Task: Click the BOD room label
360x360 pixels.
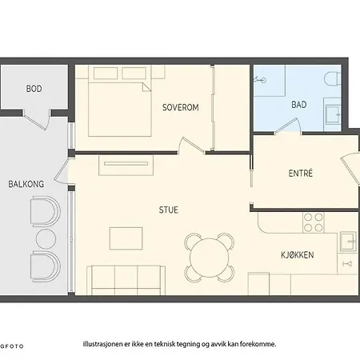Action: click(34, 89)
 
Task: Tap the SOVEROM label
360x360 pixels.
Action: click(181, 107)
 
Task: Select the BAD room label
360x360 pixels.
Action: click(299, 105)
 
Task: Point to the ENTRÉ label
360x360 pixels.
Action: click(301, 173)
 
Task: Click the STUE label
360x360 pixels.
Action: click(169, 210)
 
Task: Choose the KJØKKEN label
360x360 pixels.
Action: click(298, 255)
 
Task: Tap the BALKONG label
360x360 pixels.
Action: click(26, 184)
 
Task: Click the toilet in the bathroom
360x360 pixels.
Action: click(333, 79)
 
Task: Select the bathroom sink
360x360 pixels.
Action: click(333, 114)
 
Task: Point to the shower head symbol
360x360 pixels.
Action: click(260, 79)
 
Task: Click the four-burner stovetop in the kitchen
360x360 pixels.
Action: click(314, 222)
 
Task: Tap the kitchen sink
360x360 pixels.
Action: click(348, 242)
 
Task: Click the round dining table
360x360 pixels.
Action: click(210, 258)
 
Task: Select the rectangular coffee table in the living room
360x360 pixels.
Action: click(126, 238)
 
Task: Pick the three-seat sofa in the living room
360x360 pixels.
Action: click(126, 280)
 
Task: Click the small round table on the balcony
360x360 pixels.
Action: click(46, 239)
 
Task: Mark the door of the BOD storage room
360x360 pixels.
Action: click(37, 119)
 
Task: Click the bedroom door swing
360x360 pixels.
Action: click(190, 146)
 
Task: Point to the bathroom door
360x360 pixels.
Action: click(288, 126)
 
